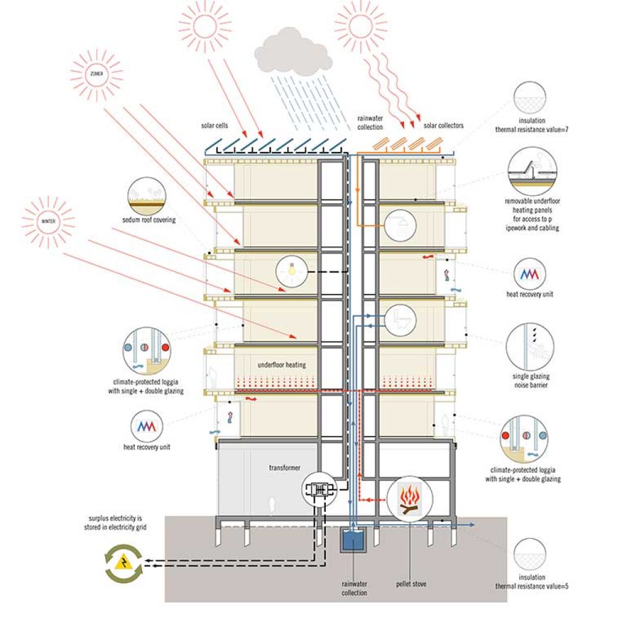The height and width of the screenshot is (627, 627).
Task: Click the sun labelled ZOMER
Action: point(96,74)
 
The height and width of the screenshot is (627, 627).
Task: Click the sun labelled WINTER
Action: point(48,221)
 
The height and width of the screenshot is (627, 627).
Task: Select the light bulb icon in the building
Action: point(292,271)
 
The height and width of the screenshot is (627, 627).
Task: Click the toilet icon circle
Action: point(400,319)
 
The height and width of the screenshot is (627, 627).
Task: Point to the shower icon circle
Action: point(400,225)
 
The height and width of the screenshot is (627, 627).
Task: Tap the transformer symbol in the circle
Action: point(319,489)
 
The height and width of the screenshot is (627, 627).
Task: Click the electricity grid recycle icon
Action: point(124,563)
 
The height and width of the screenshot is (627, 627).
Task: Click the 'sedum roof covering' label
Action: point(149,220)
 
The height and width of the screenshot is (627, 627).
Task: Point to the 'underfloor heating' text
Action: point(282,365)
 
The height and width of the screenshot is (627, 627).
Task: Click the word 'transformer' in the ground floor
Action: point(285,467)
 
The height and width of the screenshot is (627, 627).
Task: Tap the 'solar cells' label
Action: point(214,126)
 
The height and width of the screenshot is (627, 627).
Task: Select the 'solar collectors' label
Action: point(443,126)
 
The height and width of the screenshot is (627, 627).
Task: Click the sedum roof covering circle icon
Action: point(147,196)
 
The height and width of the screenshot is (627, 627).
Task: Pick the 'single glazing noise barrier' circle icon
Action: point(530,347)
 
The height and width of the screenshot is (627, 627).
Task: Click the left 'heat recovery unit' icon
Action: point(147,427)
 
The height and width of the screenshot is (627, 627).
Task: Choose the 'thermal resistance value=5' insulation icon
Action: point(530,554)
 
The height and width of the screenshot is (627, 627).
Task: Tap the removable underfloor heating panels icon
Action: point(532,171)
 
